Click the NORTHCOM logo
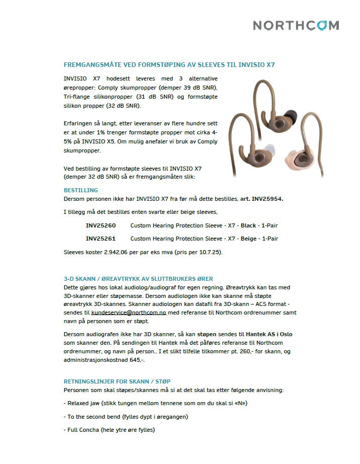[x=296, y=25]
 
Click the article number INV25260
[x=101, y=225]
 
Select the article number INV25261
[x=101, y=239]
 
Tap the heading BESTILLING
[x=80, y=190]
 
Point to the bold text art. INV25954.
[x=261, y=199]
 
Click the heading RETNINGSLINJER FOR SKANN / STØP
[x=120, y=381]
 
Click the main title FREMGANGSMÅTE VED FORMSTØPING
[x=169, y=65]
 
